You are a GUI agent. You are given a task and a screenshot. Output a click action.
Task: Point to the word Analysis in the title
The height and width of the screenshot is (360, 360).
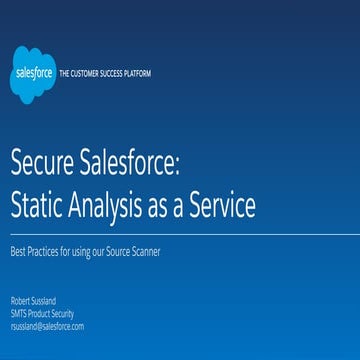point(118,206)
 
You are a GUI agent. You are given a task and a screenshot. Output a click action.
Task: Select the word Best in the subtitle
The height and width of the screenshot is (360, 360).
point(19,250)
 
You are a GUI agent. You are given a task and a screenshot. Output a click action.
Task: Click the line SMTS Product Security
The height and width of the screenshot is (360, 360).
point(36,311)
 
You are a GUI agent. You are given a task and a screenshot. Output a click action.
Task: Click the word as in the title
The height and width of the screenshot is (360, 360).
point(170,206)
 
